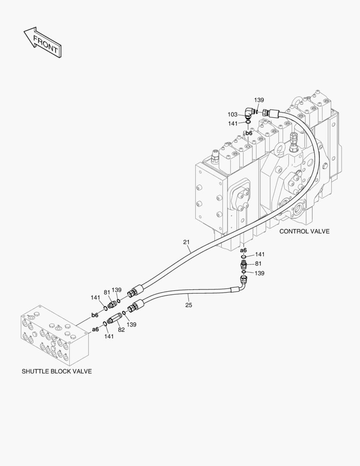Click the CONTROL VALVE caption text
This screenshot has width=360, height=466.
click(x=304, y=231)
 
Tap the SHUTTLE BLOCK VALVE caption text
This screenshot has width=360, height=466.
click(x=56, y=371)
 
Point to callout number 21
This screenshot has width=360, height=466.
click(x=186, y=242)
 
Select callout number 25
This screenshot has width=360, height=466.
click(x=189, y=305)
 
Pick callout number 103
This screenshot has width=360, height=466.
click(x=232, y=114)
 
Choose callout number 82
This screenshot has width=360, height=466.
click(x=121, y=330)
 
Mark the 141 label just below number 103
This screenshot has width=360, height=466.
click(x=233, y=123)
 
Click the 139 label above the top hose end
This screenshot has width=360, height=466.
click(x=259, y=100)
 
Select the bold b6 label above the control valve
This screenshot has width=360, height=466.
click(x=249, y=133)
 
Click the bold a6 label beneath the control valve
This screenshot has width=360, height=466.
click(x=243, y=250)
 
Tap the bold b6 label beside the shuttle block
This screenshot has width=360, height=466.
click(x=94, y=315)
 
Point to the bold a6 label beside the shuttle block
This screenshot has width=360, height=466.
click(x=95, y=329)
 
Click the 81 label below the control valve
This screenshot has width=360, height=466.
click(x=258, y=264)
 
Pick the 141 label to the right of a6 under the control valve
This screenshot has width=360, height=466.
click(x=260, y=255)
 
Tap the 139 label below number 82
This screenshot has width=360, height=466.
click(x=131, y=324)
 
